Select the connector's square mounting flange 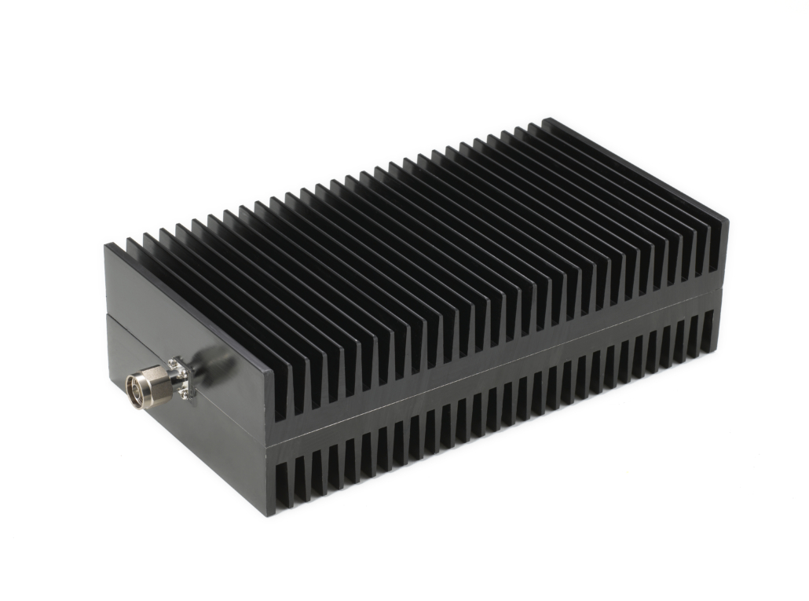click(181, 377)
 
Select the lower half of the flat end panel click(196, 448)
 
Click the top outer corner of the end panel click(106, 245)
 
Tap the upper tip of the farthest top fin click(547, 119)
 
